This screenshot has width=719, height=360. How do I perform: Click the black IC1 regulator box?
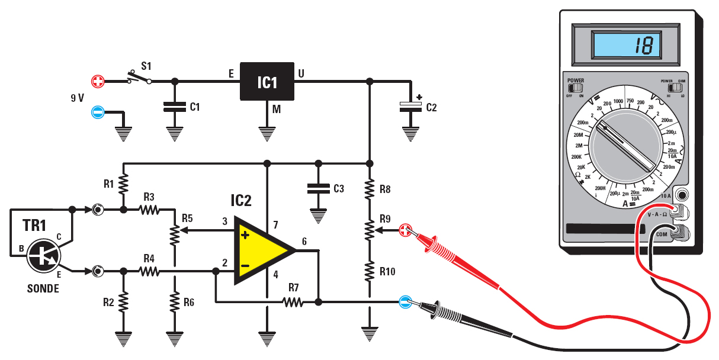click(267, 81)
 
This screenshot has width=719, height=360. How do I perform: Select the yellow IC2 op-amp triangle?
click(261, 250)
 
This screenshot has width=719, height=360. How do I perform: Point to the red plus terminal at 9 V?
click(98, 81)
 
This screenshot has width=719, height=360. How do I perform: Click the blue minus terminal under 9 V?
click(98, 111)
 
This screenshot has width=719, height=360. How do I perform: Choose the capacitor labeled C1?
click(174, 107)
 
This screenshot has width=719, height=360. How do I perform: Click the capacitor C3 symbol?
click(319, 188)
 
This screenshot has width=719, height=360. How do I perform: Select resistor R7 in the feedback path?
click(293, 302)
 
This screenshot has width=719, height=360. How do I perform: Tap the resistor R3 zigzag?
click(149, 209)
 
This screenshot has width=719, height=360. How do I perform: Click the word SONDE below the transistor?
click(43, 289)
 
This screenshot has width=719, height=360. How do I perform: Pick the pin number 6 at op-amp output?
click(304, 241)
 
